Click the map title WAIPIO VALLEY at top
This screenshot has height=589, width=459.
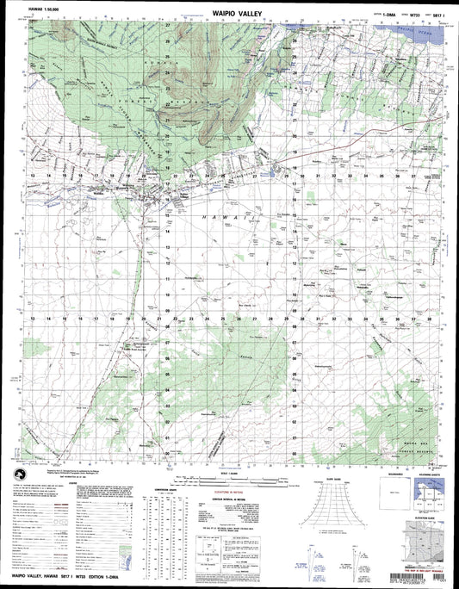click(x=230, y=15)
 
